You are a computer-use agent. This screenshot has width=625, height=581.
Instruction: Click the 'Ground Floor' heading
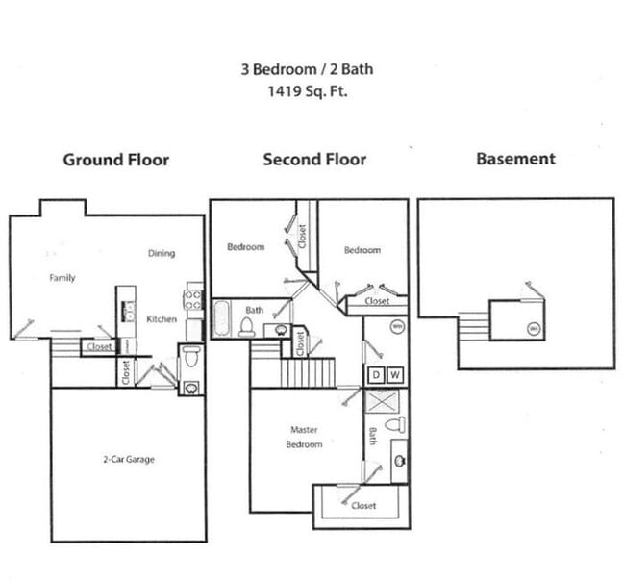coord(115,159)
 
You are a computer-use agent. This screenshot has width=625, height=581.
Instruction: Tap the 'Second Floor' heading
coord(314,159)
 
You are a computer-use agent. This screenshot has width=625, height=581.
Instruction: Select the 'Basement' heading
coord(515,159)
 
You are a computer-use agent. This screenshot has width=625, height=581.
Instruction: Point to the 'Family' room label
coord(62,278)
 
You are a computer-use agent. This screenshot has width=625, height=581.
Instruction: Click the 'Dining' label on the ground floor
coord(162,254)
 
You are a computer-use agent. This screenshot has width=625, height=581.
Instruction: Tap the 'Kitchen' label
coord(162,318)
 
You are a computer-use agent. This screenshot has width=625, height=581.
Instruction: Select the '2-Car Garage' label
coord(128,459)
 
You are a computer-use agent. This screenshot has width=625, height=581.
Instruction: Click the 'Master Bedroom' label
coord(304,437)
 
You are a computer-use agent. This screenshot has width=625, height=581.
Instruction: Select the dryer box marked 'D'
coord(377,374)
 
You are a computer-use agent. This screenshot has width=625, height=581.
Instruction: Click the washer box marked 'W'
coord(396,374)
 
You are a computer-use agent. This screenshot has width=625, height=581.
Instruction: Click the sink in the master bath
coord(399,461)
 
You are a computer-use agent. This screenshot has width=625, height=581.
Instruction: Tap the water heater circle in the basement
coord(534,329)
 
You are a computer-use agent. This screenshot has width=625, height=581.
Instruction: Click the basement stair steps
coord(473,324)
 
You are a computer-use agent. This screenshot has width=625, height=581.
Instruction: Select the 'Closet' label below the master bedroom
coord(363,505)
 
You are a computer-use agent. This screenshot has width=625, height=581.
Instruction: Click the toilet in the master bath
coord(395,424)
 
